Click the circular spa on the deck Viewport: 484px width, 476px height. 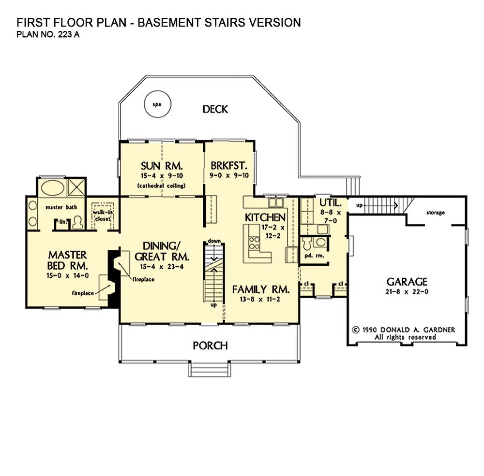(157, 104)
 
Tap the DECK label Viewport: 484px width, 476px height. (215, 109)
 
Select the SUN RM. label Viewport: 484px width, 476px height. (162, 166)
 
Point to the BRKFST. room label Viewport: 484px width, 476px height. (229, 166)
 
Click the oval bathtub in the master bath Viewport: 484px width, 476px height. (53, 188)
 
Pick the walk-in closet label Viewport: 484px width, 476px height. (103, 216)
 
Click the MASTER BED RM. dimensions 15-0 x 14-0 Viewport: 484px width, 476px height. (68, 275)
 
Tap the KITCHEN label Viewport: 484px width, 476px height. (265, 217)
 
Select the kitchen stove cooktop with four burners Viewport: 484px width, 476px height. (255, 243)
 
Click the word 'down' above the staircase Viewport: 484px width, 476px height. (214, 241)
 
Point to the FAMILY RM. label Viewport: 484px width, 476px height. (261, 289)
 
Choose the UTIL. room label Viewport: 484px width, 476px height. (330, 202)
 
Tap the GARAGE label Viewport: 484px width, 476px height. (407, 281)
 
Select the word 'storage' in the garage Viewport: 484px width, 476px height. (436, 213)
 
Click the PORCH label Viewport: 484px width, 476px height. (210, 346)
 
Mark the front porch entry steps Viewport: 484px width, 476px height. (210, 369)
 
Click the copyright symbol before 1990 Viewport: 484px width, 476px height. (356, 330)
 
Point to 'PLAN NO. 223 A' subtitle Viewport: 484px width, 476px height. (48, 34)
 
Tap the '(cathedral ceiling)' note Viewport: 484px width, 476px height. (162, 186)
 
